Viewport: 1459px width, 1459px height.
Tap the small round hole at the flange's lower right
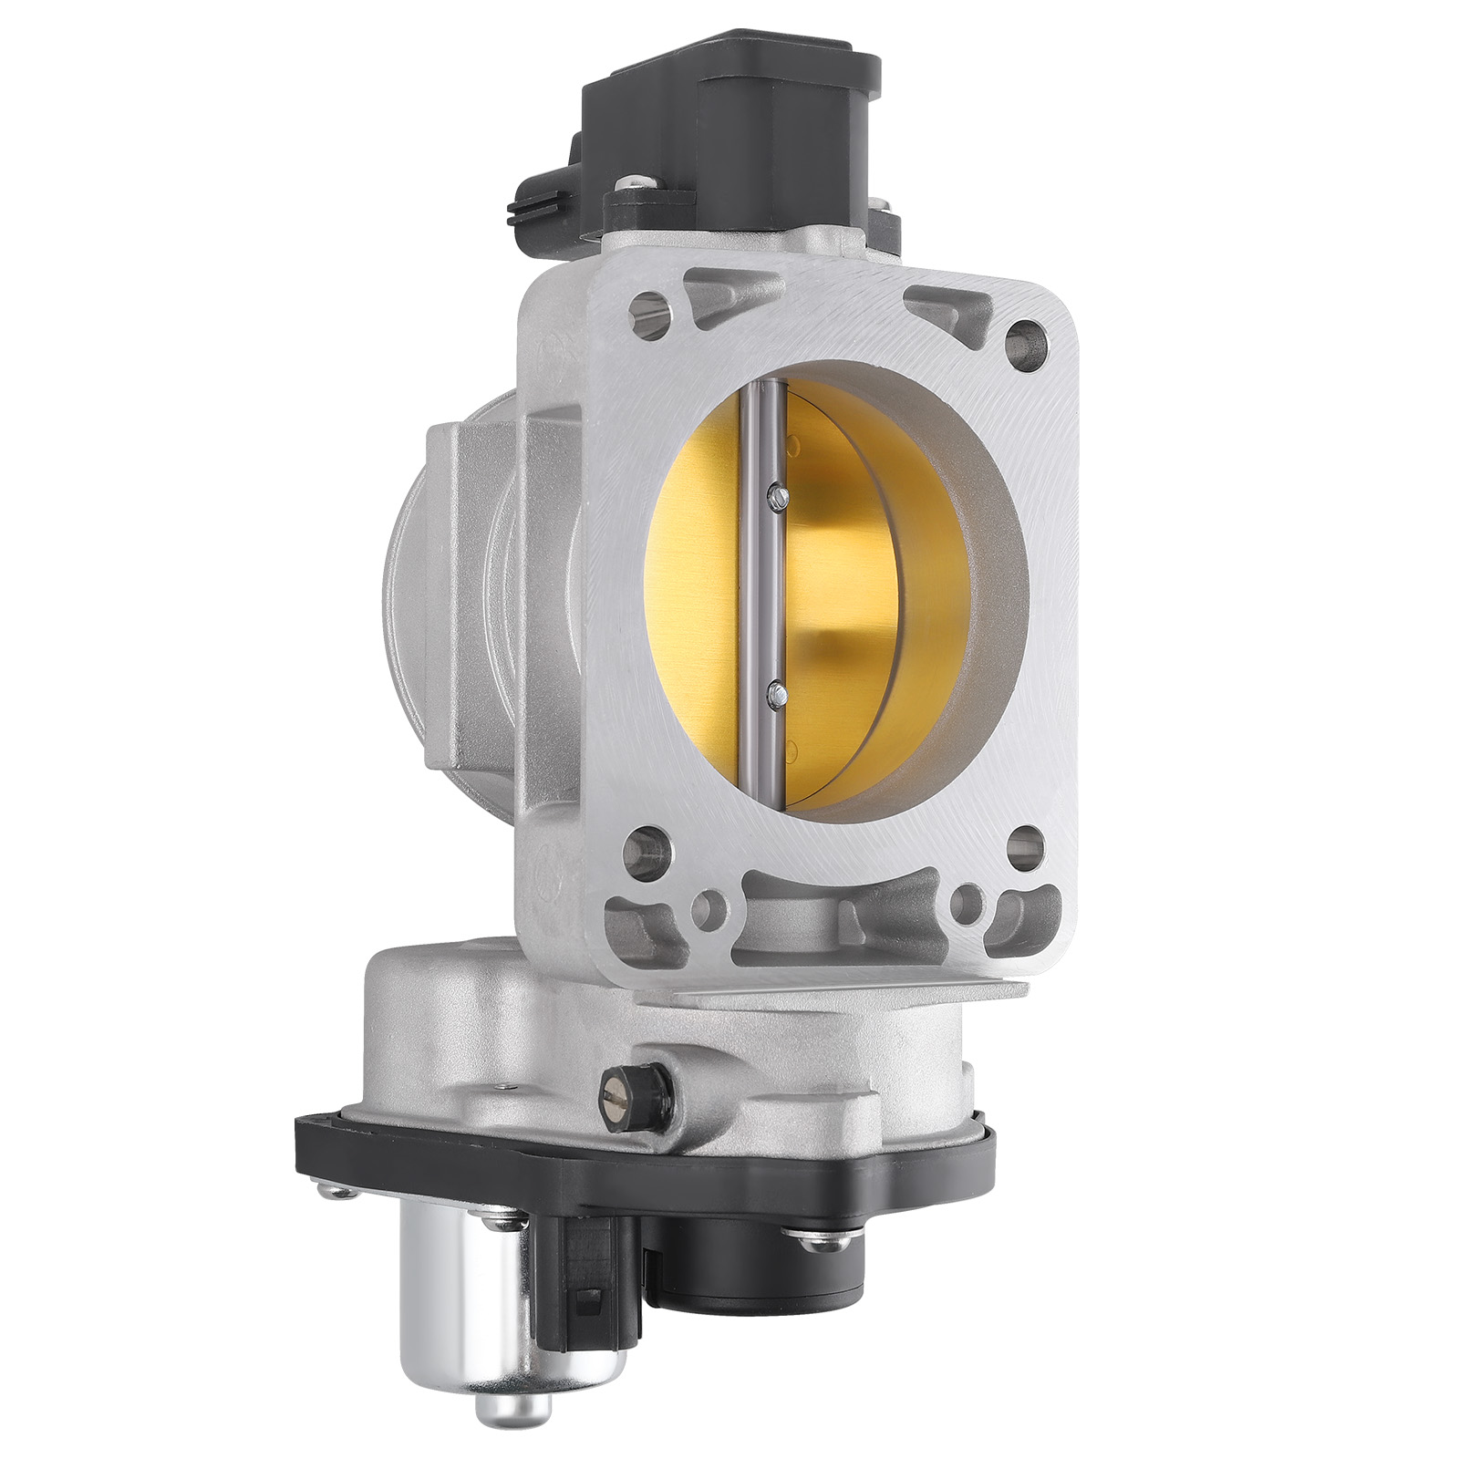966,910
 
